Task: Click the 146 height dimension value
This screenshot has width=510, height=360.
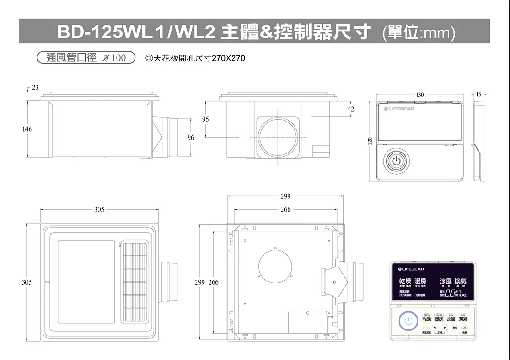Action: pos(27,129)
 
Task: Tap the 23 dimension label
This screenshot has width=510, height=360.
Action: pos(36,87)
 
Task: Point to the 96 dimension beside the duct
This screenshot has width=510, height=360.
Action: pos(190,137)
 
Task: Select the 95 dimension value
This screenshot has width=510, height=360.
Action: pos(205,119)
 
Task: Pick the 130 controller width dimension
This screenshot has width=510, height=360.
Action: pos(419,94)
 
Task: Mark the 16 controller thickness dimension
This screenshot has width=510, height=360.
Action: pos(479,94)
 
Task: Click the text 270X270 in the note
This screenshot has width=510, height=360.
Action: pos(228,59)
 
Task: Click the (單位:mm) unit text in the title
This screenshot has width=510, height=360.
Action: pos(419,33)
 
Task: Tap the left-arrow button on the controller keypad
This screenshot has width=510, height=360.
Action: pos(429,328)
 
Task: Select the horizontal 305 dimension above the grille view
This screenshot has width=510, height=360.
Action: pos(99,209)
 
